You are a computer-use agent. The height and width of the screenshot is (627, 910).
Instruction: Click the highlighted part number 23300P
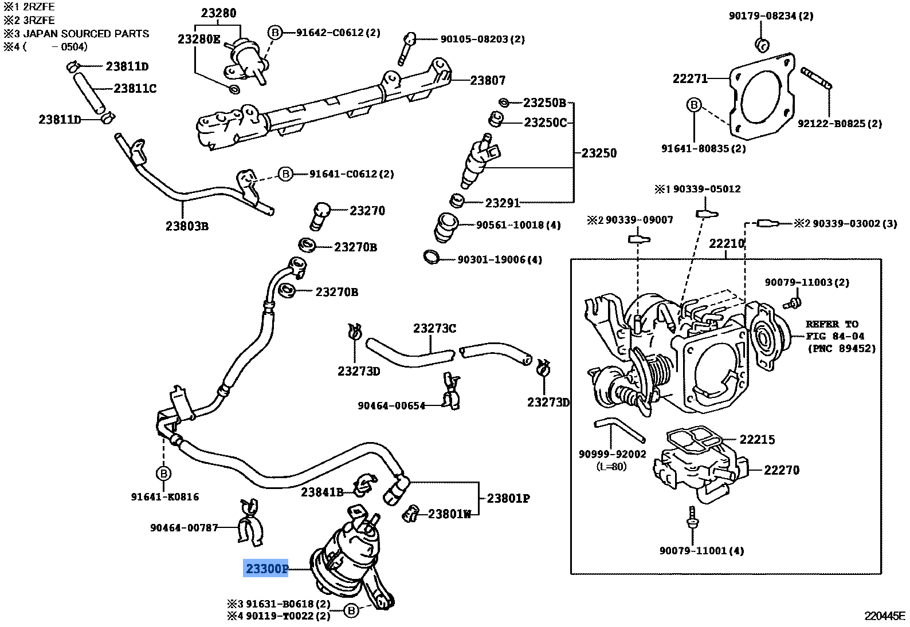266,569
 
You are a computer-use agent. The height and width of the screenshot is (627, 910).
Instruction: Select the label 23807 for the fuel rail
488,81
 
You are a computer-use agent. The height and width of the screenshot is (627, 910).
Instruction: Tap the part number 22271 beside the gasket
690,78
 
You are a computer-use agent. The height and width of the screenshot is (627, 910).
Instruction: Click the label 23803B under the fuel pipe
187,226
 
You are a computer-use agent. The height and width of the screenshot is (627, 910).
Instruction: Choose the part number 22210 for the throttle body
726,243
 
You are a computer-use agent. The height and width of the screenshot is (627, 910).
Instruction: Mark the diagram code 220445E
884,616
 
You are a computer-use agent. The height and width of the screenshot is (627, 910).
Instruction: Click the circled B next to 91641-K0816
163,474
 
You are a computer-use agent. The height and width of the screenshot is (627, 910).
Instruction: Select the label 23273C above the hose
434,328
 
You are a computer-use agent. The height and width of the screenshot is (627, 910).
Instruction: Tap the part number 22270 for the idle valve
781,470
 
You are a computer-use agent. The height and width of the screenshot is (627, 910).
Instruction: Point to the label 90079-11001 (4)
701,551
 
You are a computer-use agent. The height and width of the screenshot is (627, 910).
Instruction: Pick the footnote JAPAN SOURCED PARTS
86,33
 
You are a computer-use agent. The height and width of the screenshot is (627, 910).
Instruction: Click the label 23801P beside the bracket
508,498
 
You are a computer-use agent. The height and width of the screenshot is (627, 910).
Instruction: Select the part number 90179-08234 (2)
771,16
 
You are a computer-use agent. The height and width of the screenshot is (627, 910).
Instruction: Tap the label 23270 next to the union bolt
367,211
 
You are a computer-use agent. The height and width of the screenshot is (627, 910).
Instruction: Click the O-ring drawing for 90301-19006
432,257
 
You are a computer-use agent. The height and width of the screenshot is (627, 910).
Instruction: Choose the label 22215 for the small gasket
756,439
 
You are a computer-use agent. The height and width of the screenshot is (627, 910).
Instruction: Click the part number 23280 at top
218,13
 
